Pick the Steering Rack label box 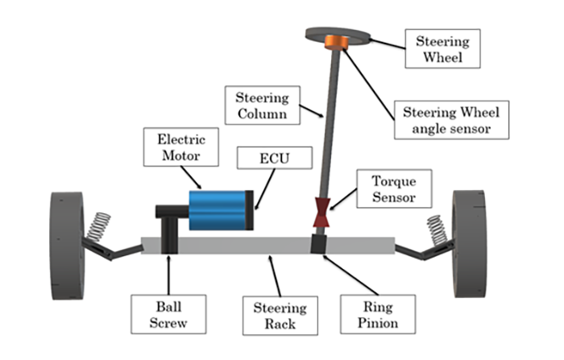point(280,314)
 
